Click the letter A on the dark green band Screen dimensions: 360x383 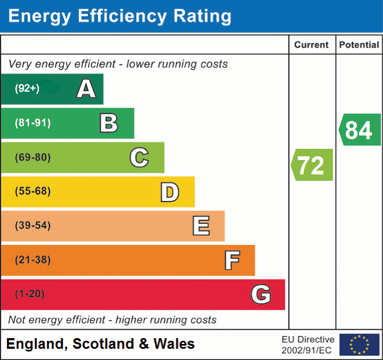coord(86,89)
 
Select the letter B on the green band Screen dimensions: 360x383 coord(109,123)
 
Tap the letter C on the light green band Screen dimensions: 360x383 coord(139,157)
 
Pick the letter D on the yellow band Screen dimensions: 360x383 coord(169,192)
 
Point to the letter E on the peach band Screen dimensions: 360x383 coord(201,226)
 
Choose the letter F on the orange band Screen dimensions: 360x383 coord(232,260)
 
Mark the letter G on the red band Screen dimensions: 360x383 coord(261,294)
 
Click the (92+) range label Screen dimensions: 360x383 coord(27,89)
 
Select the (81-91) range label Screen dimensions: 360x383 coord(33,123)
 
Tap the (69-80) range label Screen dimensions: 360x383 coord(33,157)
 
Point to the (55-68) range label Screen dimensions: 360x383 coord(33,191)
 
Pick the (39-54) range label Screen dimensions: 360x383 coord(33,226)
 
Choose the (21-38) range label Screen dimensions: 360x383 coord(33,260)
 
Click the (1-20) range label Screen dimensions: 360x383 coord(30,294)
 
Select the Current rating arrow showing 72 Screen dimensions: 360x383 coord(312,165)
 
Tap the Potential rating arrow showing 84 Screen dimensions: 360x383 coord(360,130)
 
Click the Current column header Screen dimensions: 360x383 coord(312,45)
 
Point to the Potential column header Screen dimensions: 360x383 coord(359,45)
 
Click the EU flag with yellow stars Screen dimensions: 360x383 coord(360,345)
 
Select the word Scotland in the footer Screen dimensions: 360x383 coord(103,344)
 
